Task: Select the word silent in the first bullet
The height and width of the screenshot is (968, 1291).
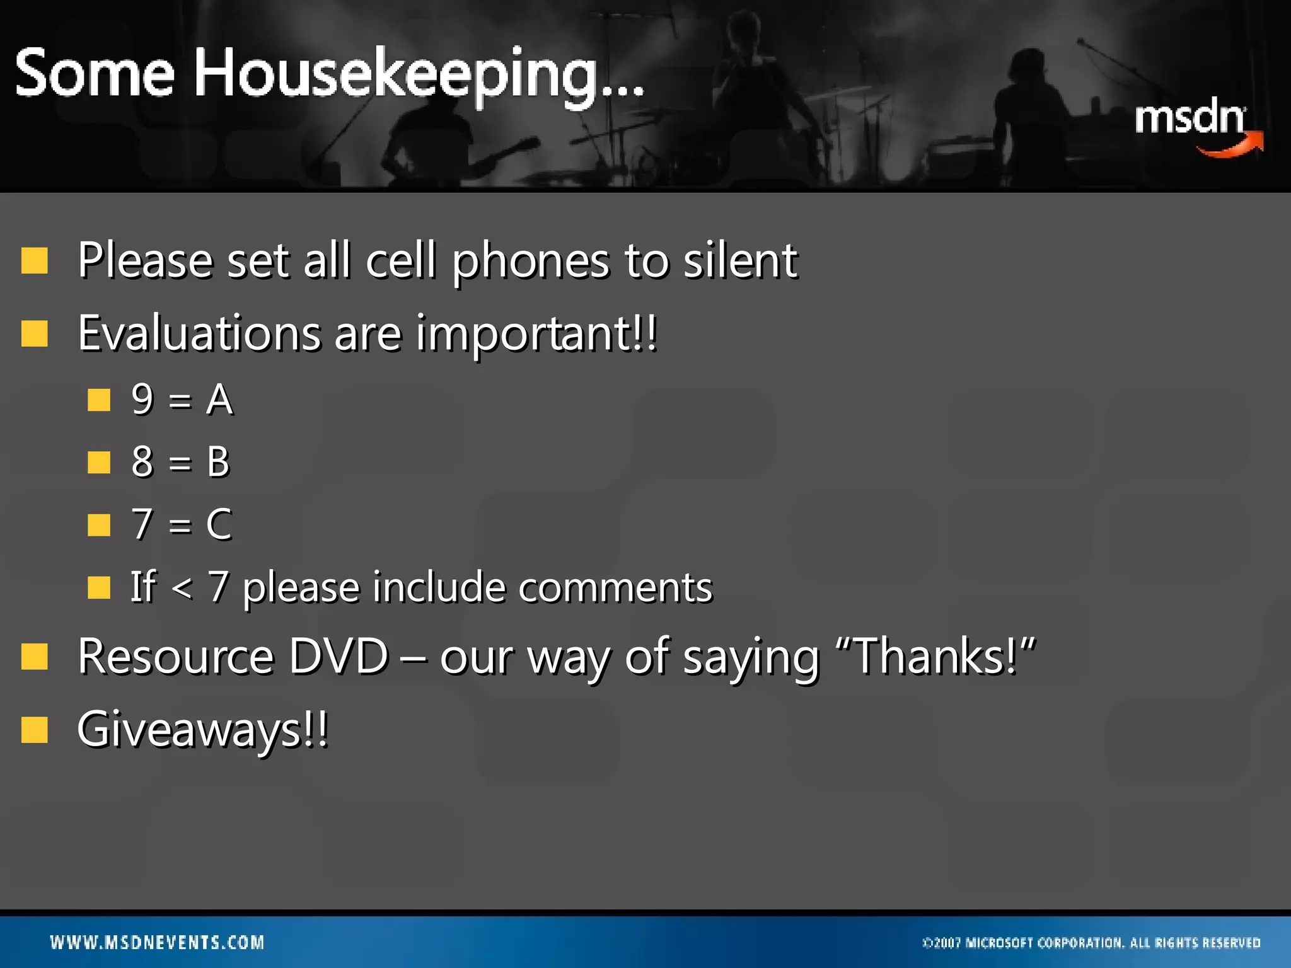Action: pyautogui.click(x=741, y=260)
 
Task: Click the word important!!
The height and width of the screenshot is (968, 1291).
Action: pyautogui.click(x=536, y=334)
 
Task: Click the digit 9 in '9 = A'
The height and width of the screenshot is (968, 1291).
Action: pyautogui.click(x=142, y=399)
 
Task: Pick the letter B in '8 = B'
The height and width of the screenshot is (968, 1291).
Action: pyautogui.click(x=218, y=462)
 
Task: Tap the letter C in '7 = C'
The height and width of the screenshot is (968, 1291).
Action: pyautogui.click(x=219, y=524)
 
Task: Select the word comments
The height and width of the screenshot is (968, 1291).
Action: pyautogui.click(x=615, y=587)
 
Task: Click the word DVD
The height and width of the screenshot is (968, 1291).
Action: pyautogui.click(x=339, y=657)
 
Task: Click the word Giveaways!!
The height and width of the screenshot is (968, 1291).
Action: pyautogui.click(x=202, y=730)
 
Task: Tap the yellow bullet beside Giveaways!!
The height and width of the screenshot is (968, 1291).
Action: pyautogui.click(x=35, y=730)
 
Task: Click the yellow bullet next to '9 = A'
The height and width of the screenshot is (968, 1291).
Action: pyautogui.click(x=99, y=400)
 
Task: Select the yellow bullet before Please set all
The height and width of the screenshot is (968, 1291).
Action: pyautogui.click(x=35, y=260)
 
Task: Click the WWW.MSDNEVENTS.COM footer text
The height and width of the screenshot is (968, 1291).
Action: pyautogui.click(x=157, y=943)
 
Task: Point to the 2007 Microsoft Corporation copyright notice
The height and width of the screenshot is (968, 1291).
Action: pyautogui.click(x=1091, y=943)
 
